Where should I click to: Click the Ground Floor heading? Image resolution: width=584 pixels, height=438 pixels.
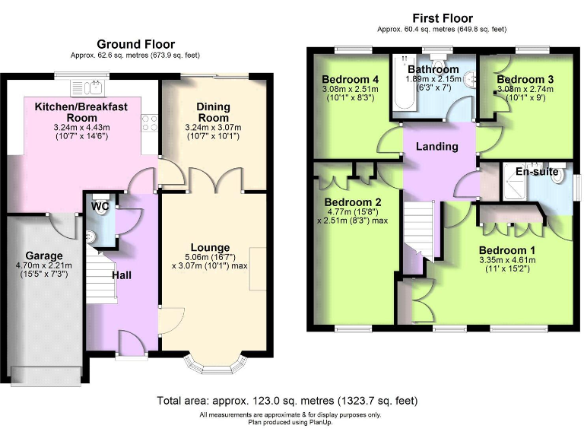click(135, 44)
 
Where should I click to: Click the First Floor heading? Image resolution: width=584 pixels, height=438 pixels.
click(442, 18)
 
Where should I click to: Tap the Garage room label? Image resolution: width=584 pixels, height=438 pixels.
click(43, 255)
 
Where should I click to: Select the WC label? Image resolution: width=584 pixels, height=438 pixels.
click(99, 206)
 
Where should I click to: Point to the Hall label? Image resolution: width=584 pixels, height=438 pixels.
click(122, 274)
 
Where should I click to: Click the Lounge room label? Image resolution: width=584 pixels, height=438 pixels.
click(210, 247)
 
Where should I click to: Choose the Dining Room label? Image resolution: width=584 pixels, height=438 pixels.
click(213, 113)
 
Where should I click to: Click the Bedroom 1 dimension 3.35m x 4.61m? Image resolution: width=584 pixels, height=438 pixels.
click(507, 261)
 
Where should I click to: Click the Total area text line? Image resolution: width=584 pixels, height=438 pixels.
click(287, 400)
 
